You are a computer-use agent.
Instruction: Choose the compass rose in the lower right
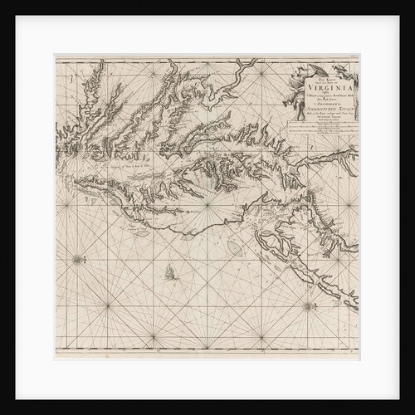pos(310,306)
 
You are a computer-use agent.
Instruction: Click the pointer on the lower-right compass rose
pos(310,298)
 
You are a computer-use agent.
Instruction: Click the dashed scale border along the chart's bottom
pos(207,358)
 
